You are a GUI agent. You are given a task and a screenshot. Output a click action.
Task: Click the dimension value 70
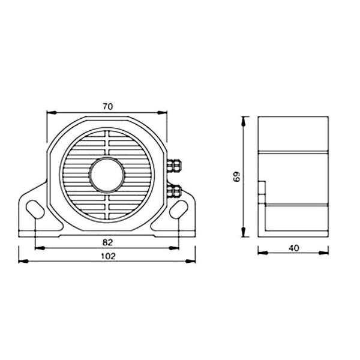coord(108,107)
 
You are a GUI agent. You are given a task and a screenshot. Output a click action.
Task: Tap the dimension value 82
coord(108,242)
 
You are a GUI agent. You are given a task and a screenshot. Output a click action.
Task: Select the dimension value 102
coord(108,256)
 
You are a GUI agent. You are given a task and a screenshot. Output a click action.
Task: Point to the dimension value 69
coord(236,177)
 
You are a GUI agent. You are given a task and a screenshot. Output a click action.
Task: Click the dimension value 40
coord(294,247)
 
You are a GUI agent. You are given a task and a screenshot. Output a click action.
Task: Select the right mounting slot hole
coord(178,209)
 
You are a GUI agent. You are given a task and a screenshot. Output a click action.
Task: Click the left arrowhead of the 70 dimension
coord(51,112)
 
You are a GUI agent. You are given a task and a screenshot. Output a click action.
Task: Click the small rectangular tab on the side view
coord(262,187)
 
